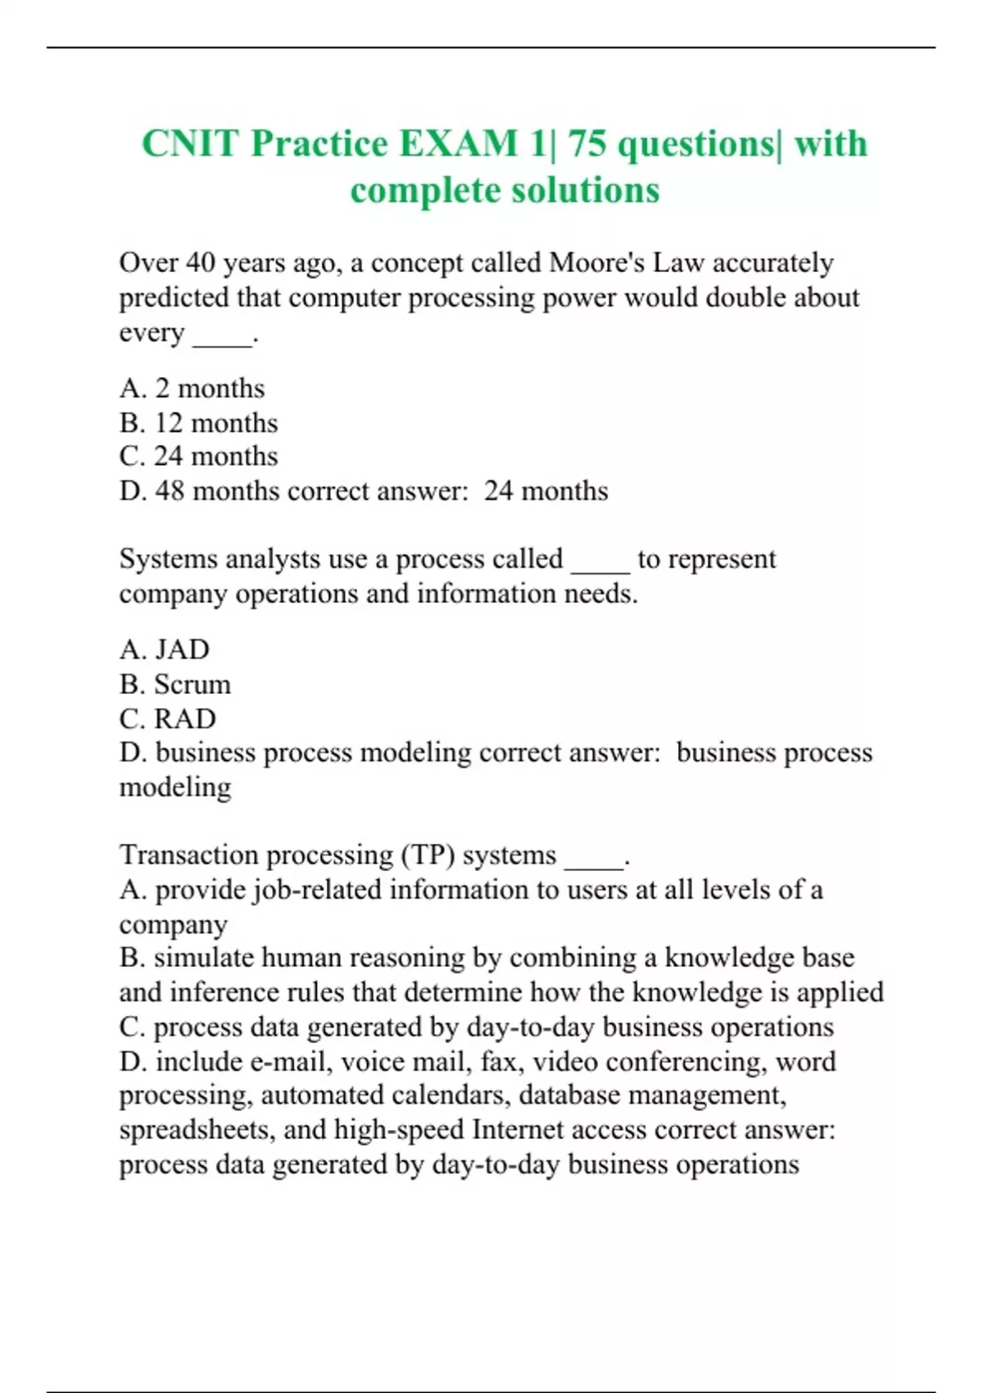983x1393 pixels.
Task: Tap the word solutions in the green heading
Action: tap(586, 190)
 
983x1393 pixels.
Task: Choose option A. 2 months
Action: tap(192, 388)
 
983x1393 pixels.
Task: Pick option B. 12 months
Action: tap(198, 423)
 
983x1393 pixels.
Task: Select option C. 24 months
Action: tap(198, 456)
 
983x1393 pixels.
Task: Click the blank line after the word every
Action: tap(223, 334)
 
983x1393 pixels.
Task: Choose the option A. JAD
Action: tap(164, 650)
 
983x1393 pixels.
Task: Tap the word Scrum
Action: tap(193, 684)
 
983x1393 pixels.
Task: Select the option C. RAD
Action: tap(167, 719)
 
